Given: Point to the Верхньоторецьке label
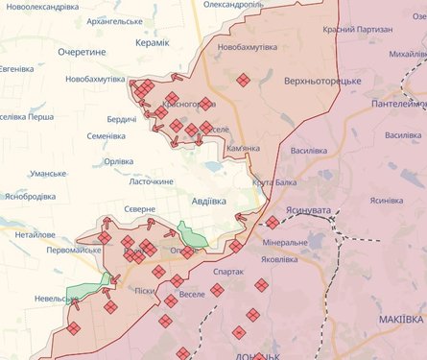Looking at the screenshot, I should click(321, 82).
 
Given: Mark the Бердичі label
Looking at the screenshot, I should click(121, 118).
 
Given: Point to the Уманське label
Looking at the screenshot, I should click(48, 173).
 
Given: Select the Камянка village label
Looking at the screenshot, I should click(243, 149).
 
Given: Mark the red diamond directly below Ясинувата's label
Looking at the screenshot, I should click(273, 222).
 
